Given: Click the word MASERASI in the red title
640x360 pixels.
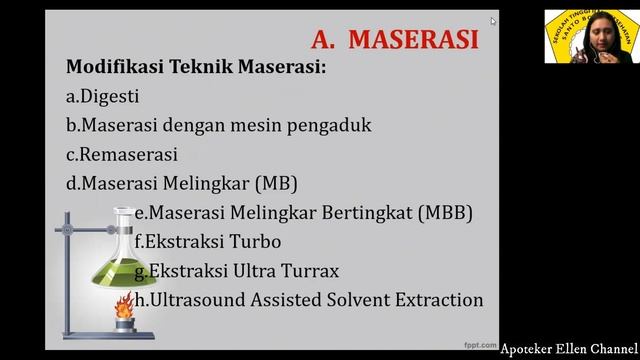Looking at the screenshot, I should coord(415,40).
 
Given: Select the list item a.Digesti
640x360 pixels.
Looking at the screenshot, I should coord(102,97).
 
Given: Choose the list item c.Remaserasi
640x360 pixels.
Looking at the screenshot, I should coord(121,155).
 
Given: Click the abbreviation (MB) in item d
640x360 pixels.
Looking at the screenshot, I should coord(277,184).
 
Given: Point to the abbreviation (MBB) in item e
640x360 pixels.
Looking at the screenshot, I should coord(444,213).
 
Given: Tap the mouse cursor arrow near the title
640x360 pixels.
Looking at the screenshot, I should coord(493,21).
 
